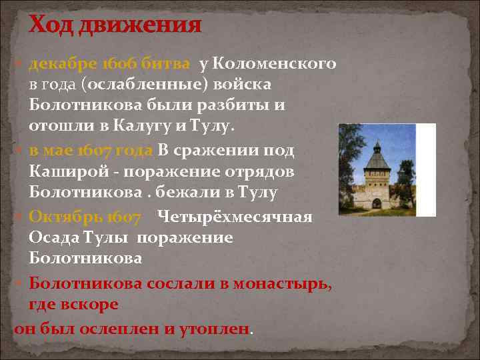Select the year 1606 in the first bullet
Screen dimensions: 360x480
click(x=117, y=64)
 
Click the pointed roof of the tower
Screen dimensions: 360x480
click(x=377, y=148)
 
